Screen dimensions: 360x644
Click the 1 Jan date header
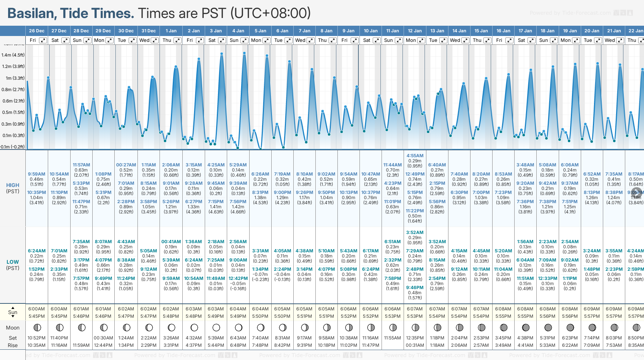(x=171, y=31)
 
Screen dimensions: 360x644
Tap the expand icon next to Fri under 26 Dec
(x=43, y=40)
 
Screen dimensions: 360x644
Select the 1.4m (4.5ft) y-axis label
(x=13, y=55)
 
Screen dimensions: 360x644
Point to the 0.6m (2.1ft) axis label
(x=13, y=101)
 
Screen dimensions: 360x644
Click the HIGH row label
(x=12, y=186)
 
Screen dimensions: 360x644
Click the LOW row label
(x=12, y=262)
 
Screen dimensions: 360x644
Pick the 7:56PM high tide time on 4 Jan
(x=238, y=202)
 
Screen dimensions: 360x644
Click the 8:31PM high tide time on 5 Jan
(x=260, y=192)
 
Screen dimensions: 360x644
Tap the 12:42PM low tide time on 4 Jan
(x=238, y=278)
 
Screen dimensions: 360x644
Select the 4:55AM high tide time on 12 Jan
(x=415, y=156)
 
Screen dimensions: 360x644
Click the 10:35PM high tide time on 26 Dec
(x=37, y=192)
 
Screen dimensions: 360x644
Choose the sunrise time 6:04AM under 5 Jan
(x=260, y=309)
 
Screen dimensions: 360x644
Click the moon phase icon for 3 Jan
(x=216, y=327)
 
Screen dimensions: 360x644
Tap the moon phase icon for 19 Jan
(x=570, y=327)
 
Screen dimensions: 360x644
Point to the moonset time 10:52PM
(x=37, y=338)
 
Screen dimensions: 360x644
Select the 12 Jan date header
(x=415, y=31)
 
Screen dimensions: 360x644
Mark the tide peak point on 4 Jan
(x=244, y=53)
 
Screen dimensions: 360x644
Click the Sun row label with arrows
(x=12, y=312)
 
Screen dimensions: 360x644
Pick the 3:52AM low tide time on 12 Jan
(x=415, y=233)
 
